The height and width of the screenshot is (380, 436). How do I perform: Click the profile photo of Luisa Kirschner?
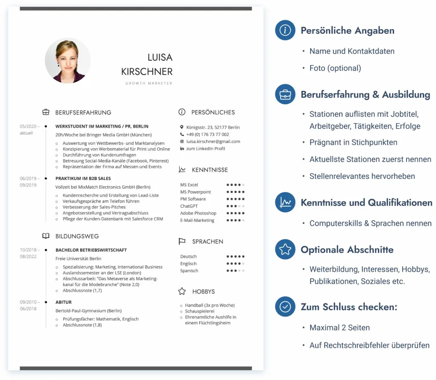pyautogui.click(x=68, y=60)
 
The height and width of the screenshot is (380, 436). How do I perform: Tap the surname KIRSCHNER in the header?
pyautogui.click(x=147, y=71)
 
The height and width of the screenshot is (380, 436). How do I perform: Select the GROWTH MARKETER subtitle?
pyautogui.click(x=149, y=83)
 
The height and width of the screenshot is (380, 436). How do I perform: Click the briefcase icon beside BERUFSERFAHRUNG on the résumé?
pyautogui.click(x=46, y=112)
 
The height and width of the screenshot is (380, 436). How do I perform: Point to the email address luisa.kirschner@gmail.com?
pyautogui.click(x=213, y=141)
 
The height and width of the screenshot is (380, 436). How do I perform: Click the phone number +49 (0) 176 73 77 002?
pyautogui.click(x=207, y=134)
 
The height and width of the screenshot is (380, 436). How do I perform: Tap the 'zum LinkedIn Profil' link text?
pyautogui.click(x=206, y=148)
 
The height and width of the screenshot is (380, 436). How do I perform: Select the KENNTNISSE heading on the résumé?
pyautogui.click(x=210, y=170)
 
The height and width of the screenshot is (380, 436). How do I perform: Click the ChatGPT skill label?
pyautogui.click(x=189, y=206)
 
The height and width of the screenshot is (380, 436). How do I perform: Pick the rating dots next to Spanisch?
pyautogui.click(x=235, y=270)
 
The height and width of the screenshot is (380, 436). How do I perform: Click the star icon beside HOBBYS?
pyautogui.click(x=182, y=291)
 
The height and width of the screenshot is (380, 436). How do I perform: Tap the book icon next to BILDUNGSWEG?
pyautogui.click(x=46, y=236)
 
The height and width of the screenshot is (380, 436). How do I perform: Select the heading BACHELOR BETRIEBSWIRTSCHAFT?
pyautogui.click(x=91, y=250)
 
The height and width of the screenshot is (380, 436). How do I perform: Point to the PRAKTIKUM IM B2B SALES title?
pyautogui.click(x=83, y=178)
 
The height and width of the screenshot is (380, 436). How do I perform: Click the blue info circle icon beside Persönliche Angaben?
pyautogui.click(x=285, y=30)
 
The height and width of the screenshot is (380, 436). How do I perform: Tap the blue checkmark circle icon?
pyautogui.click(x=285, y=307)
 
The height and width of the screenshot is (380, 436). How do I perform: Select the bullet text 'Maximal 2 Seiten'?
pyautogui.click(x=339, y=328)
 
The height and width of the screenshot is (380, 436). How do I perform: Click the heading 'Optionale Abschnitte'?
pyautogui.click(x=347, y=249)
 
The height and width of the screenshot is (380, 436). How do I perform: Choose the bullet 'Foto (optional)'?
pyautogui.click(x=335, y=68)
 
